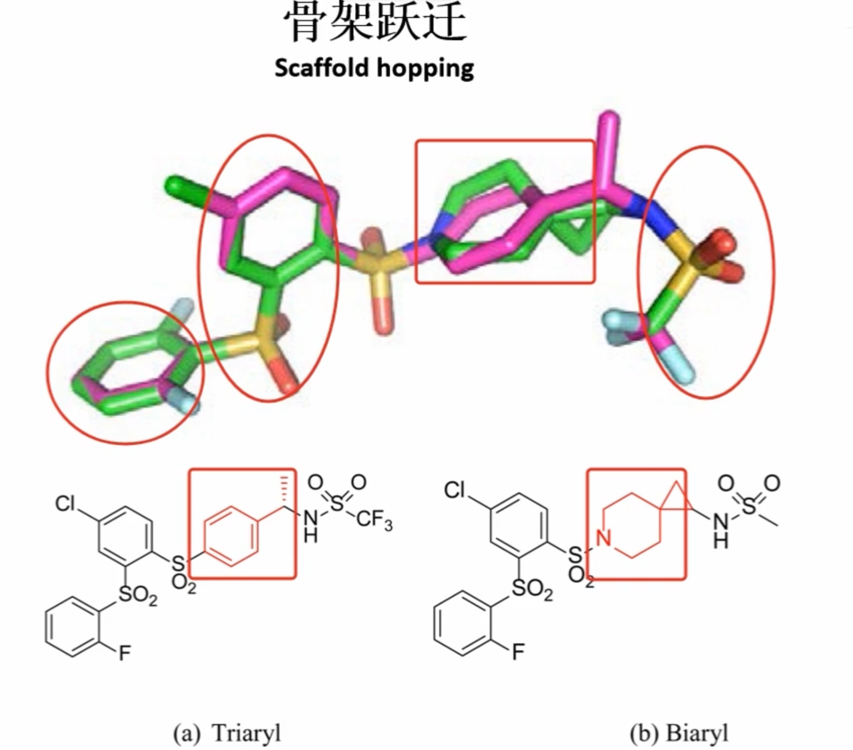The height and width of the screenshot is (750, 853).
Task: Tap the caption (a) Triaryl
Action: coord(227,732)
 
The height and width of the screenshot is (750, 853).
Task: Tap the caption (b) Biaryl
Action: coord(678,732)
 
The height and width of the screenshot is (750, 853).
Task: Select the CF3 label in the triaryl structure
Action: coord(374,520)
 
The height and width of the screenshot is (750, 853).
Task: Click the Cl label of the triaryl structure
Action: coord(66,504)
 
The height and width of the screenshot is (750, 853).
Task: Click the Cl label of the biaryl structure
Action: coord(455,491)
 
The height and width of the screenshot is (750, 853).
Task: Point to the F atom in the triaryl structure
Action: coord(125,652)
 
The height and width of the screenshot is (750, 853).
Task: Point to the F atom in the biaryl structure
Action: coord(518,650)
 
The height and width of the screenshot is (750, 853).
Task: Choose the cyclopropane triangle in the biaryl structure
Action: coord(676,498)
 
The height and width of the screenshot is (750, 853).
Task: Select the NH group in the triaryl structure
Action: coord(310,526)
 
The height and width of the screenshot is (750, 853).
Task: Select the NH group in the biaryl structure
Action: coord(720,530)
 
